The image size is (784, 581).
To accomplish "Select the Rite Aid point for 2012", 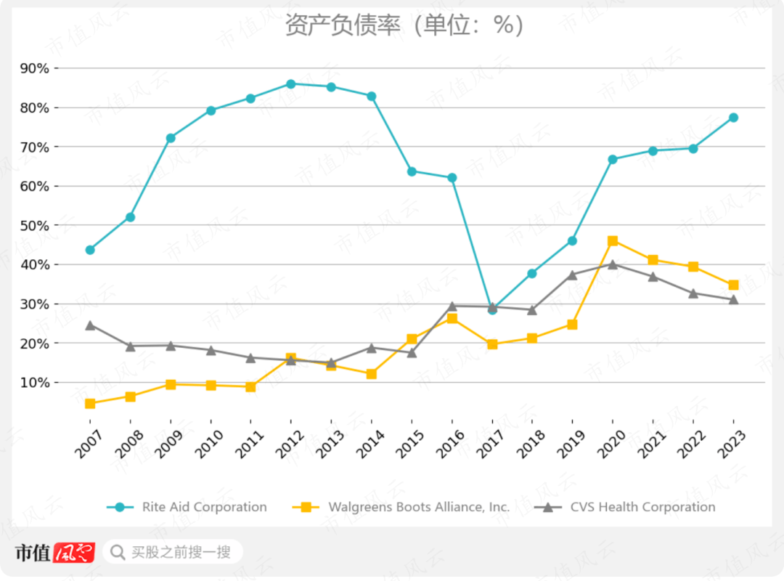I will (x=291, y=84).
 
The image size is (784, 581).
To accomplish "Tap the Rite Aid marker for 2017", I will (x=492, y=309).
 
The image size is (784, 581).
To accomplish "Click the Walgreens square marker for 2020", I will (x=613, y=241).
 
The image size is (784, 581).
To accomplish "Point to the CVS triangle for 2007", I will (x=90, y=325).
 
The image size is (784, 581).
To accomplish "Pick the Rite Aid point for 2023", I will (x=733, y=118).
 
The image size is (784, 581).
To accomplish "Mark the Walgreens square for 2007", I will (x=90, y=404).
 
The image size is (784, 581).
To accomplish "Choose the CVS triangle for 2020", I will (x=613, y=264).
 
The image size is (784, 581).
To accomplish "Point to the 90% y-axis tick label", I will (x=35, y=68).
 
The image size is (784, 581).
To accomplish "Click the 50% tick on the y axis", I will (x=35, y=225).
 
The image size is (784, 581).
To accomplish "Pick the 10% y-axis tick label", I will (x=35, y=382).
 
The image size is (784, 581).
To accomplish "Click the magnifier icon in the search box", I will (x=118, y=553).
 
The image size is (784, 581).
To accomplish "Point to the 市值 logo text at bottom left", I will (x=33, y=553).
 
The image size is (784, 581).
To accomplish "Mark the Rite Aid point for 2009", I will (x=171, y=138).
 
